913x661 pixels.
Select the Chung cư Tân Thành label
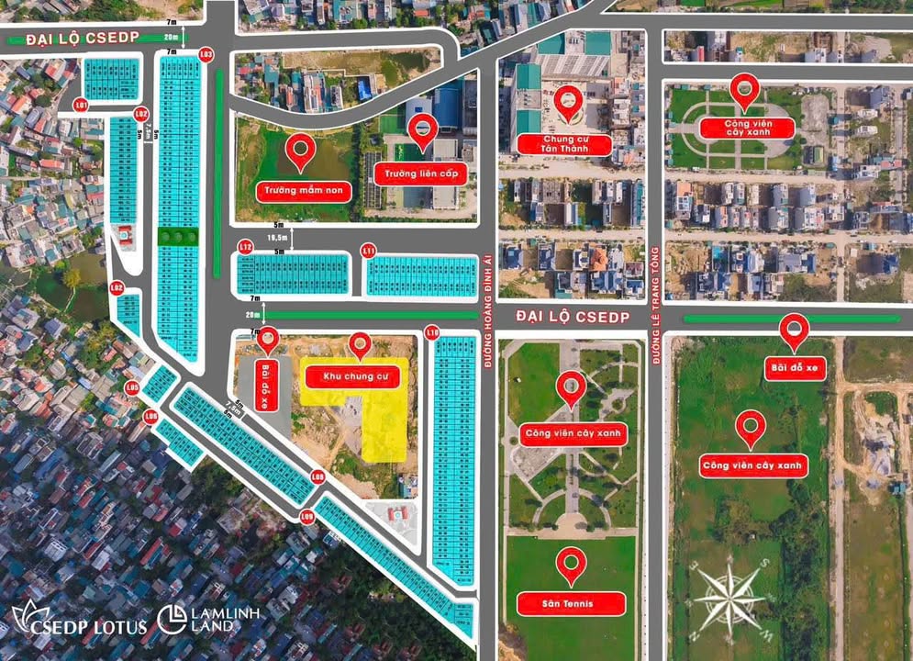[x=564, y=143]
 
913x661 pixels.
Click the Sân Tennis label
[x=571, y=603]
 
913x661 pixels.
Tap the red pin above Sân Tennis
[x=572, y=565]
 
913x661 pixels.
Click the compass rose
[x=729, y=598]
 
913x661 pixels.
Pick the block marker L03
[x=206, y=54]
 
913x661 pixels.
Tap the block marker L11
[x=369, y=250]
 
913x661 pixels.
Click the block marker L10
[x=433, y=331]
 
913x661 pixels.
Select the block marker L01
[x=82, y=106]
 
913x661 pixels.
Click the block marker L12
[x=245, y=247]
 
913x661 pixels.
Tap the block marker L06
[x=151, y=417]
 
